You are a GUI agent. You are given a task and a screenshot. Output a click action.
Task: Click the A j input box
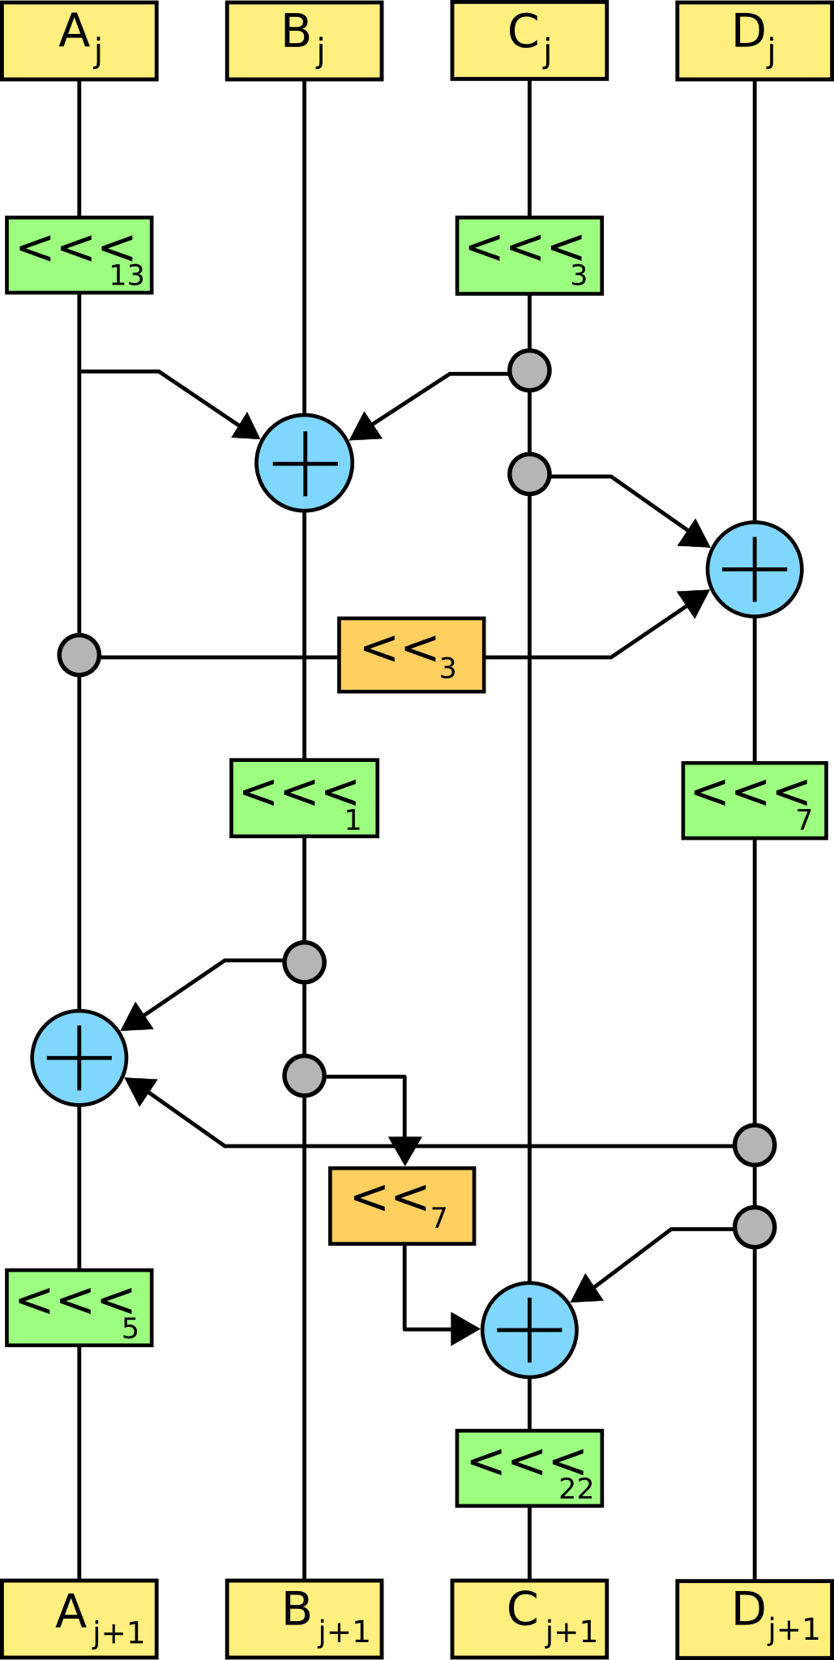click(x=79, y=41)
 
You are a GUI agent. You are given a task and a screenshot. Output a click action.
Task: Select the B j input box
click(x=304, y=41)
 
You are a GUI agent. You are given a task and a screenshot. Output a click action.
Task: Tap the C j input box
click(x=529, y=41)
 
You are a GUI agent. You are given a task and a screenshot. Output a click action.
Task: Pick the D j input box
click(x=754, y=41)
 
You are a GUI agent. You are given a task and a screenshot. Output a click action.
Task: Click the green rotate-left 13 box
click(x=79, y=255)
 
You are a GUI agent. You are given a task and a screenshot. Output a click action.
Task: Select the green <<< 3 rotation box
click(x=529, y=255)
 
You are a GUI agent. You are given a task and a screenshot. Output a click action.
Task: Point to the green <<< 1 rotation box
click(x=304, y=798)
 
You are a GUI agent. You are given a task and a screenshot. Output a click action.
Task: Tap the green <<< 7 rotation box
click(x=754, y=800)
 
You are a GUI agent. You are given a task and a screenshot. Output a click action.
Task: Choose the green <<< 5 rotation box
click(x=79, y=1307)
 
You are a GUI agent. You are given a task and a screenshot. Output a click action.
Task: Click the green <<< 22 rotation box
click(x=529, y=1468)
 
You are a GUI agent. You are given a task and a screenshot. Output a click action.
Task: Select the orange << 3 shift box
click(x=411, y=655)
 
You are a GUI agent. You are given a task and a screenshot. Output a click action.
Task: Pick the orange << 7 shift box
click(x=402, y=1205)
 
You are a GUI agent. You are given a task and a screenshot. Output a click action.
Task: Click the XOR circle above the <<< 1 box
click(x=304, y=463)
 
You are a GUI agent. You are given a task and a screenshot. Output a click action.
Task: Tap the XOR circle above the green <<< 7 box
click(x=754, y=569)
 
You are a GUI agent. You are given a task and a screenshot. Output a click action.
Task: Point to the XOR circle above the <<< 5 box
click(x=79, y=1058)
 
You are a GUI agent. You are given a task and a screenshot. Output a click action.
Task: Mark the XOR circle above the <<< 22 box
click(x=529, y=1329)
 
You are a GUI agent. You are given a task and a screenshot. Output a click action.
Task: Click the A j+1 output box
click(x=79, y=1619)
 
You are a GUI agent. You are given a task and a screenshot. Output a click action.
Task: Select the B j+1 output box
click(x=304, y=1619)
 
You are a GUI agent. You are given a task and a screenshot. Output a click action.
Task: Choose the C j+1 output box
click(x=529, y=1619)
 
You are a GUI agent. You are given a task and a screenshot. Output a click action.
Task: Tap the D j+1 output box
click(x=754, y=1619)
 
